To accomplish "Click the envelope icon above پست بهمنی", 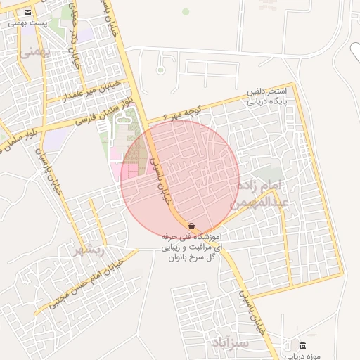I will pos(27,13).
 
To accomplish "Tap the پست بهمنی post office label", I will pos(27,23).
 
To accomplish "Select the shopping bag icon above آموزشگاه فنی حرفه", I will pos(192,226).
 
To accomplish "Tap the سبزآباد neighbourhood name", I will pos(230,343).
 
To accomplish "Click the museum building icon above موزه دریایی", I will pos(303,345).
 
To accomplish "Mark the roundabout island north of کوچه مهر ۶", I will pos(160,70).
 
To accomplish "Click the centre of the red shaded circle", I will pos(180,180).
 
